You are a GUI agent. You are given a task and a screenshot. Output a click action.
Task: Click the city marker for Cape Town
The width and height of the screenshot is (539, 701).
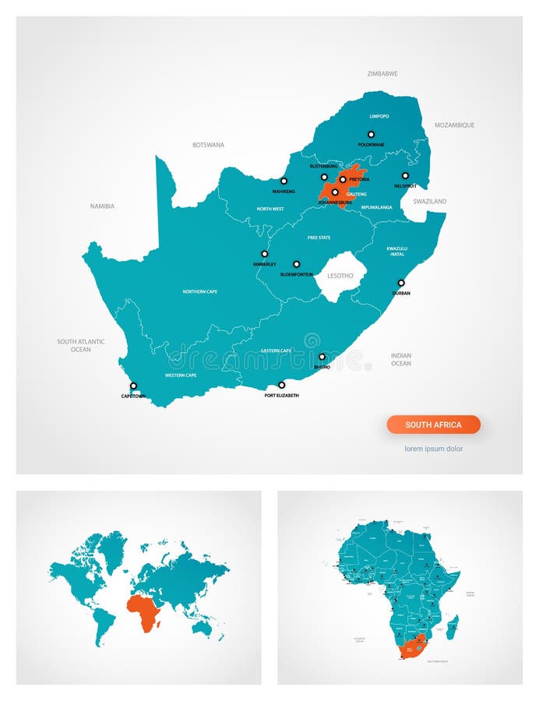133,386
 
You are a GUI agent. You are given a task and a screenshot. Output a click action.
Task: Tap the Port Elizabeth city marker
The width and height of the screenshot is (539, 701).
281,385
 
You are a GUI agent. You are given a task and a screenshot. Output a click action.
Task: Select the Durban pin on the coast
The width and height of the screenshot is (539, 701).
401,283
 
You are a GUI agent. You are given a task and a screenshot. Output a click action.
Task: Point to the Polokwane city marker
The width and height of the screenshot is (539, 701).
371,134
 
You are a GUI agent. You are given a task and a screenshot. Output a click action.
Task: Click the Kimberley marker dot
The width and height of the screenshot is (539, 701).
264,253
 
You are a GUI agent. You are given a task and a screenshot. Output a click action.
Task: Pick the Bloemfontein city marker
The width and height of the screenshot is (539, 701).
296,264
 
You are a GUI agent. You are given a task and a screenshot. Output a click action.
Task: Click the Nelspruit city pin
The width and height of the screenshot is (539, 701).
405,175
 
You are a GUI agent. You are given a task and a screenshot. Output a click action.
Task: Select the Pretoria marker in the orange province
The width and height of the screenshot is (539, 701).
343,179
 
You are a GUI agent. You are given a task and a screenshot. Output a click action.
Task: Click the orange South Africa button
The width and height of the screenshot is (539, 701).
433,424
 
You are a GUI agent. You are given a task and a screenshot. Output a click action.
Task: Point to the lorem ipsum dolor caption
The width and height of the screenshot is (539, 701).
433,449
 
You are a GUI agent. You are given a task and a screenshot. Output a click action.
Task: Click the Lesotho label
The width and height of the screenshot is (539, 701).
340,276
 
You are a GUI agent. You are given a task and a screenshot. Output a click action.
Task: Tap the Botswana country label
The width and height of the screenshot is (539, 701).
208,145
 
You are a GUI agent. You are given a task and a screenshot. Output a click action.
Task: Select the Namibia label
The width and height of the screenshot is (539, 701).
102,206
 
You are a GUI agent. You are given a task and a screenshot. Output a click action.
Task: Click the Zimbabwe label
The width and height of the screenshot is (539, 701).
382,74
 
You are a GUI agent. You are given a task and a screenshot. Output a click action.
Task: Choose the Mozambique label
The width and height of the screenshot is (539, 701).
454,125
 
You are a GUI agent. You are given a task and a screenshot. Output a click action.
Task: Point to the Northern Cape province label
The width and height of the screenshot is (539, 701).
199,291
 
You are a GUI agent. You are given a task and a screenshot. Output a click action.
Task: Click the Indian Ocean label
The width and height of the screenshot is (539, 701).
401,359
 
